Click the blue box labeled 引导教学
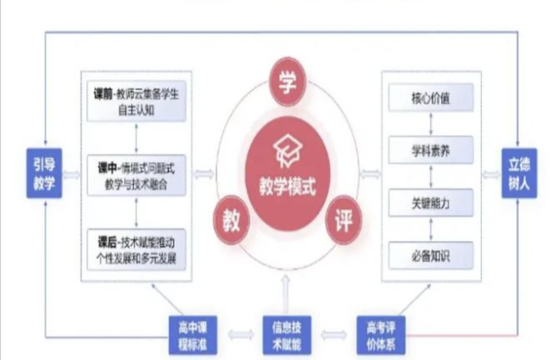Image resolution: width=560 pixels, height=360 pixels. (x=42, y=174)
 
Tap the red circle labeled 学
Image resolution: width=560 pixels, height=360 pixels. (x=286, y=82)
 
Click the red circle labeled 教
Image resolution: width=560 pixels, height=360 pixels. (x=231, y=220)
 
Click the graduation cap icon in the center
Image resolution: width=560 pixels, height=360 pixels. (x=286, y=153)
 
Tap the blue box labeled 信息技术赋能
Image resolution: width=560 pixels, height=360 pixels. (x=286, y=333)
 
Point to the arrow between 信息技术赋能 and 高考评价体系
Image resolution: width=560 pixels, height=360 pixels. (x=333, y=334)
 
